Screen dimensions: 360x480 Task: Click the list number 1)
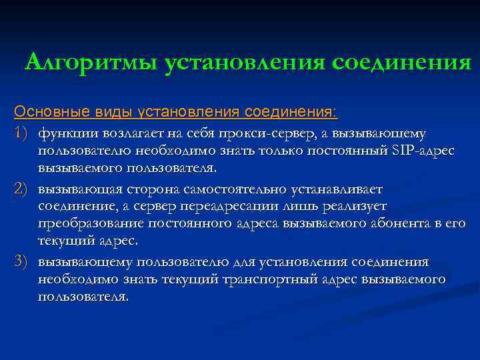tap(22, 134)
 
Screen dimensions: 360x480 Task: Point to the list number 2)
tap(22, 191)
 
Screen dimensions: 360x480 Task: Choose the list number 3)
tap(22, 262)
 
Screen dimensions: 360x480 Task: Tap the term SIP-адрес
tap(423, 151)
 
